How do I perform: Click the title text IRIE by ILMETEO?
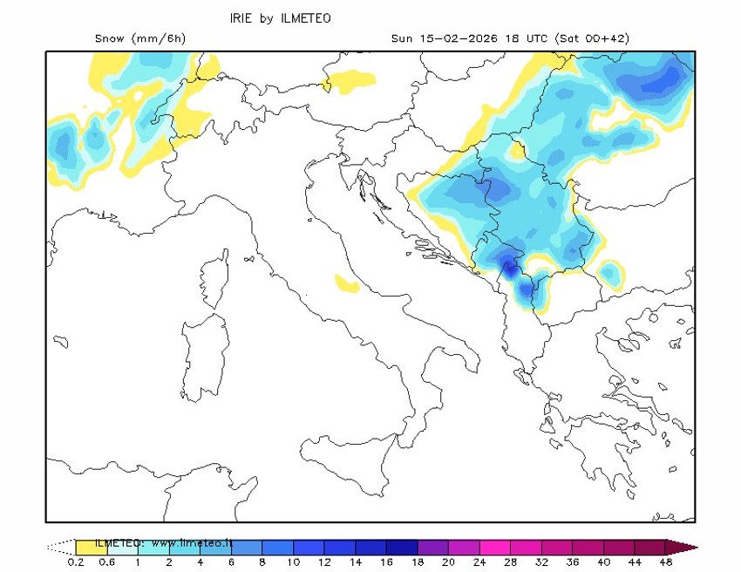[x=280, y=18]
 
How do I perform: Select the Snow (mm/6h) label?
[x=140, y=38]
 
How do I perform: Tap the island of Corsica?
[x=212, y=282]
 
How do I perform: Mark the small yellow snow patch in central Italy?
[x=347, y=283]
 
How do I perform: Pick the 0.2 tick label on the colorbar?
[x=76, y=562]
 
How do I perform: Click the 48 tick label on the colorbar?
[x=667, y=562]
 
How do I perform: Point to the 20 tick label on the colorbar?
[x=449, y=562]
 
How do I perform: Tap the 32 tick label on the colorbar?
[x=542, y=562]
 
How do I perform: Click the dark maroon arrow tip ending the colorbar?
[x=683, y=548]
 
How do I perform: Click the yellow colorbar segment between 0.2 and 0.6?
[x=91, y=548]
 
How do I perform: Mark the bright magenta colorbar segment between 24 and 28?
[x=495, y=548]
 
